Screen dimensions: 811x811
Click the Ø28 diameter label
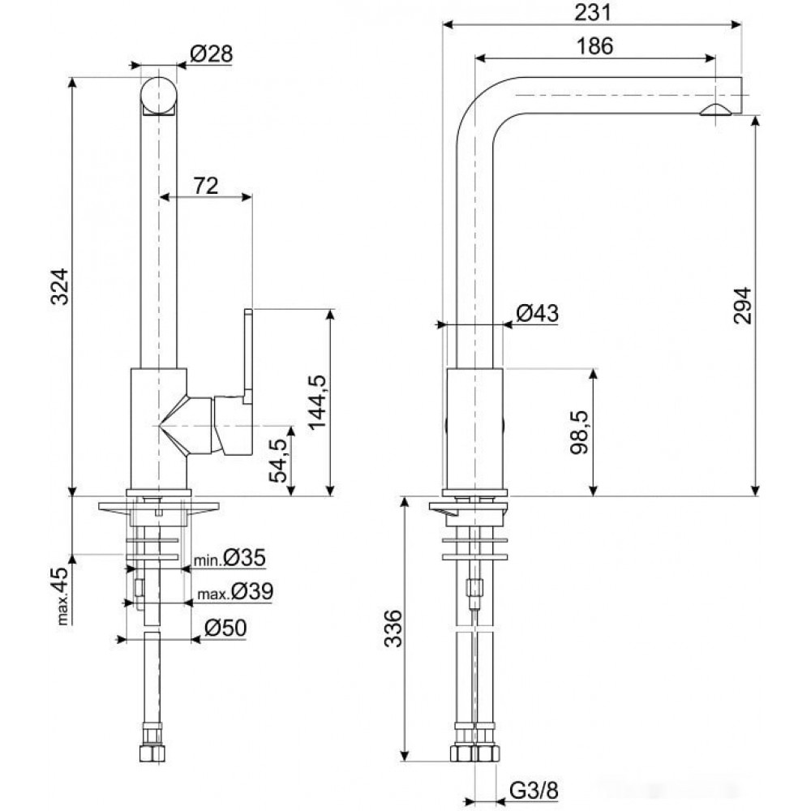[212, 54]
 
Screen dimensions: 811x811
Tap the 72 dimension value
[206, 186]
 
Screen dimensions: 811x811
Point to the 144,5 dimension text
[317, 402]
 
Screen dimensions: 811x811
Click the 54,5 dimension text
[278, 461]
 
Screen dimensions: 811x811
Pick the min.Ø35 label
[230, 558]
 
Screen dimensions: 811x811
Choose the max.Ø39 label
[235, 592]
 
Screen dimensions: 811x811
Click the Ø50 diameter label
[225, 628]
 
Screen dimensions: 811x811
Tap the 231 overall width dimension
[593, 12]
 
